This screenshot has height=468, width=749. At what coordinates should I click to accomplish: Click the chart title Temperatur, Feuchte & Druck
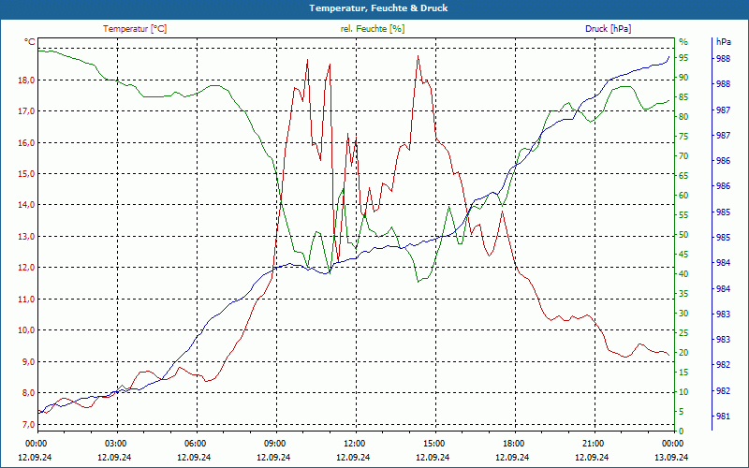374,8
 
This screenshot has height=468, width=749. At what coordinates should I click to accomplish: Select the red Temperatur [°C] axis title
135,29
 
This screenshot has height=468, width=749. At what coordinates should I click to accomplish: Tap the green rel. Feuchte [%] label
373,29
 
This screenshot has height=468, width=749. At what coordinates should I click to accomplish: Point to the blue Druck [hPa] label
609,29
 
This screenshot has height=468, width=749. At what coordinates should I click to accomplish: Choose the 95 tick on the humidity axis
683,58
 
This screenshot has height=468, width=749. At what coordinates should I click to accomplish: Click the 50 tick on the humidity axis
683,235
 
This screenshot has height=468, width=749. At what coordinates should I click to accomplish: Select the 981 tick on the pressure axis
723,417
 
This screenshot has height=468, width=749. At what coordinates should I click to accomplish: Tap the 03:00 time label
116,443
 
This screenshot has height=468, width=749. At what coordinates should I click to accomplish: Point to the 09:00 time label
275,443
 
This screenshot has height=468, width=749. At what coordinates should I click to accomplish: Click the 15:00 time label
434,443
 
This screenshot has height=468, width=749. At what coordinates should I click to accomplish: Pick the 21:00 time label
593,443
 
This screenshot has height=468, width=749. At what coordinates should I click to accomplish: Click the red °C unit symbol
30,42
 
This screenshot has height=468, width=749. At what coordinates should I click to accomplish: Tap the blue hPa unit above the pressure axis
723,42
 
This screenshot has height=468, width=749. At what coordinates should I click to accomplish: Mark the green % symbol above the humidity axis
683,42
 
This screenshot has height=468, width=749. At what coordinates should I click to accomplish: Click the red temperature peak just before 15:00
419,56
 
